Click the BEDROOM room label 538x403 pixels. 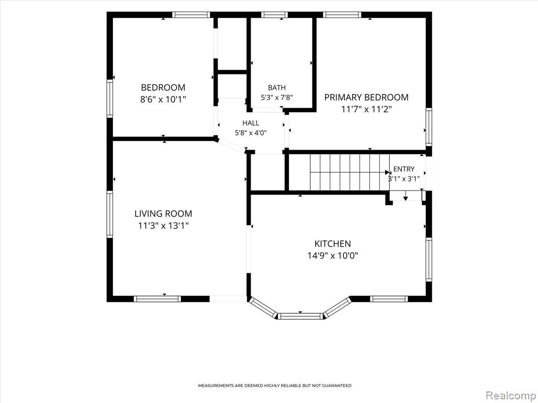click(x=163, y=88)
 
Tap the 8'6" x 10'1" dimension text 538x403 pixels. click(x=163, y=100)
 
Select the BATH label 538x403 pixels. click(x=276, y=88)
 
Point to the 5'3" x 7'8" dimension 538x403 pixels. click(x=276, y=98)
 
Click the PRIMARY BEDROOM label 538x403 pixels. click(x=366, y=97)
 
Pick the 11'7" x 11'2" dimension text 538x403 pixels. click(x=366, y=109)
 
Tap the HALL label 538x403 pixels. click(x=251, y=123)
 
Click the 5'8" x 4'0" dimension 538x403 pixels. click(x=251, y=133)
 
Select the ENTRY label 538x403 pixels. click(x=404, y=169)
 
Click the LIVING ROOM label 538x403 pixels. click(x=163, y=214)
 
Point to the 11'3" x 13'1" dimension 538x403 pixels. click(x=163, y=226)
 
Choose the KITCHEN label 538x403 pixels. click(x=333, y=243)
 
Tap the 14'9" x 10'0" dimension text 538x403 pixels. click(x=333, y=256)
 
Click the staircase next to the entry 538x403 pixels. click(x=349, y=172)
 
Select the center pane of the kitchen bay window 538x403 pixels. click(x=300, y=315)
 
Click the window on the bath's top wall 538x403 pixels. click(x=274, y=15)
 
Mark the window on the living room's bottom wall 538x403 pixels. click(x=157, y=299)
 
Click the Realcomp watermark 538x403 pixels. click(x=511, y=395)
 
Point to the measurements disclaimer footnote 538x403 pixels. click(x=275, y=386)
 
